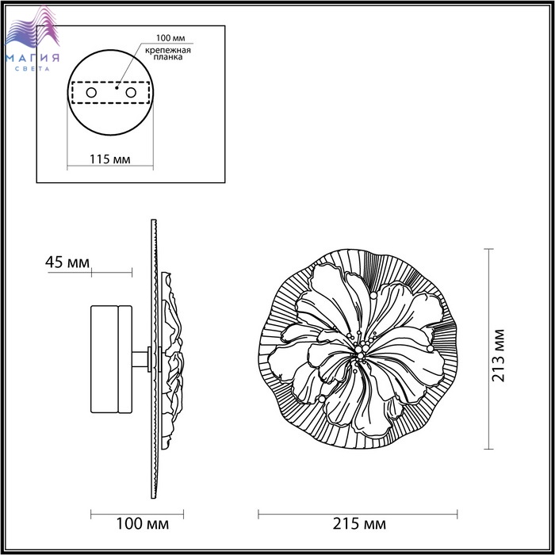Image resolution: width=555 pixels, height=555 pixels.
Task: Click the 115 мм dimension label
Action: coord(109,159)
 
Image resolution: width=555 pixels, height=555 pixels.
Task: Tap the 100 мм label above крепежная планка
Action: coord(170,38)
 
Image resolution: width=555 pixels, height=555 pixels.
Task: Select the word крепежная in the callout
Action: coord(168,50)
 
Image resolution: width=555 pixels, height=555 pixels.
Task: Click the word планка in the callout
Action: coord(168,57)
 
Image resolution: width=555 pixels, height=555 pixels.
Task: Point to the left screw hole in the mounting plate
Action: coord(91,93)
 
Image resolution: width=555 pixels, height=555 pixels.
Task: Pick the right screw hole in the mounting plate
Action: coord(131,93)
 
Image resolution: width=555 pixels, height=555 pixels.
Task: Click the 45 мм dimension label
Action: coord(67,262)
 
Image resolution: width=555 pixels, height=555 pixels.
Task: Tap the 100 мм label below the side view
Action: coord(142,524)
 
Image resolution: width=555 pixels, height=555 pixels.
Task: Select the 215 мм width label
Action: coord(359,524)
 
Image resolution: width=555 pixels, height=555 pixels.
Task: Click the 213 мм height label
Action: coord(499,355)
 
